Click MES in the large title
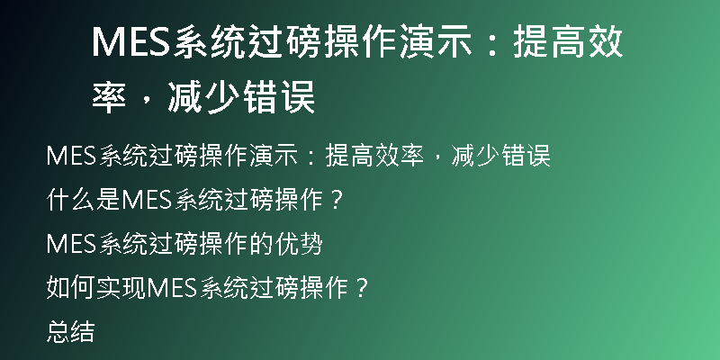pos(132,41)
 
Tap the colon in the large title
pos(492,42)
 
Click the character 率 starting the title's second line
pos(109,97)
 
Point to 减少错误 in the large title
pos(241,97)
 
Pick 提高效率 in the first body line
pos(374,155)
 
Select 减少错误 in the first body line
pos(500,155)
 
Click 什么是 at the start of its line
pos(83,200)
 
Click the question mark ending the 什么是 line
pos(337,200)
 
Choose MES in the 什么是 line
pos(147,200)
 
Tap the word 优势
pos(299,244)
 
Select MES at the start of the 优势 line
pos(72,244)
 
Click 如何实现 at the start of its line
pos(95,288)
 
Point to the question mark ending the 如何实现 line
pos(362,288)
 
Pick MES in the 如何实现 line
pos(172,288)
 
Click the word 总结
pos(71,332)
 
